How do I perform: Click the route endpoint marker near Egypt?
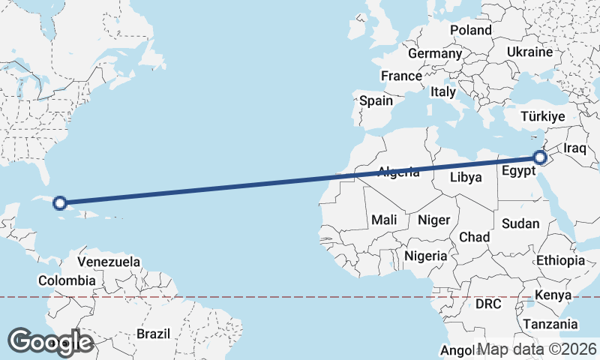click(540, 157)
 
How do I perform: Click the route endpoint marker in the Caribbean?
click(60, 202)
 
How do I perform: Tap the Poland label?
click(470, 30)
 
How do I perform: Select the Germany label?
click(434, 53)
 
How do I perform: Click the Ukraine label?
click(529, 52)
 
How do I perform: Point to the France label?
click(401, 76)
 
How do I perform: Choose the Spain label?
click(376, 100)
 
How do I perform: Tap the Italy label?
click(443, 92)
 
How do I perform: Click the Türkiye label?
click(542, 117)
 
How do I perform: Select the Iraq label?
click(574, 148)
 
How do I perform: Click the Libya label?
click(465, 178)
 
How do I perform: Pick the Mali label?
click(384, 220)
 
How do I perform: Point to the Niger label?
click(433, 220)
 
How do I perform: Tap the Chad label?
click(474, 237)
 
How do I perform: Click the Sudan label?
click(520, 223)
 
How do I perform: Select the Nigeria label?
click(426, 256)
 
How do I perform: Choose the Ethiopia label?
click(560, 260)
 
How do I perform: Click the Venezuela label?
click(109, 262)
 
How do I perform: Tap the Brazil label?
click(154, 333)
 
